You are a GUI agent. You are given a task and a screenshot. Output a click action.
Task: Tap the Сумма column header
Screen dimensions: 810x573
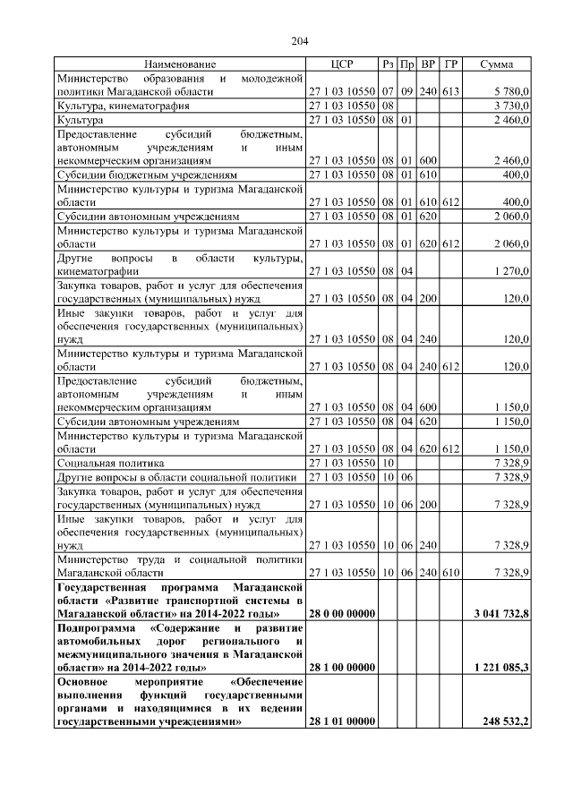(x=497, y=64)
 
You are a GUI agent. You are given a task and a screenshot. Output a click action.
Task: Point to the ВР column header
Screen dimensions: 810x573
(x=429, y=64)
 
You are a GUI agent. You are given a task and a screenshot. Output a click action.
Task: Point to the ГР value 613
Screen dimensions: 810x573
(x=451, y=91)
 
